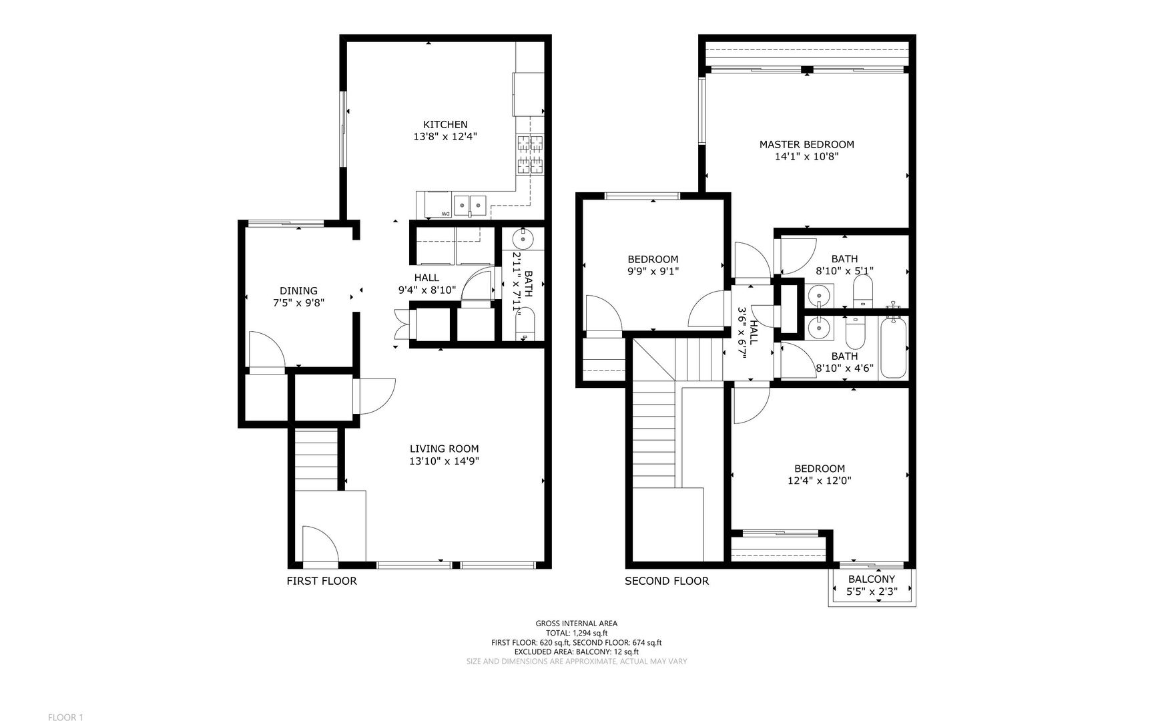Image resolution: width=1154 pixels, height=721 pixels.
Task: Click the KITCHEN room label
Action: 445,124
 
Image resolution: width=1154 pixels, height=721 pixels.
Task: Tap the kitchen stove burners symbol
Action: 529,154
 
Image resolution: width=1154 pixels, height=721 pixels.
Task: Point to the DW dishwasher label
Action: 445,214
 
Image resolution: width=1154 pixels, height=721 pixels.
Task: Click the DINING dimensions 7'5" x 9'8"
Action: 298,303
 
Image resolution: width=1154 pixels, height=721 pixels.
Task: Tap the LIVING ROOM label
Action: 444,449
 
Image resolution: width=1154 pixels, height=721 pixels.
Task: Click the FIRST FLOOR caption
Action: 322,581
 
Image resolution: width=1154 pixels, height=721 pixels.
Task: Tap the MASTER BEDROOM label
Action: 806,144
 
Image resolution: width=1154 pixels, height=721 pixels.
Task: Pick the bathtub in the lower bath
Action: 893,348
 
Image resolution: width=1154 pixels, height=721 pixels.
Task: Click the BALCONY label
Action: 871,579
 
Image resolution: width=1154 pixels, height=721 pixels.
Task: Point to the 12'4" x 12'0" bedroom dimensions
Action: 819,481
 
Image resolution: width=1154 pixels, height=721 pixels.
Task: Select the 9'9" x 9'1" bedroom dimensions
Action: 653,271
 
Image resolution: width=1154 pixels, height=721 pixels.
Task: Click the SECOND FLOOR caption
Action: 666,581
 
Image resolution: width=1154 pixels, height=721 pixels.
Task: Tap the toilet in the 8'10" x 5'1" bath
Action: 863,291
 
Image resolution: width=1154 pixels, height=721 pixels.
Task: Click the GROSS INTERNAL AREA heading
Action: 576,624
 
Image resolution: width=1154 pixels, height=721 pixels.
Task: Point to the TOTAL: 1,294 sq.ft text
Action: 576,633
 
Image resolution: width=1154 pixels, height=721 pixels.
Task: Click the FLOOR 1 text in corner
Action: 65,717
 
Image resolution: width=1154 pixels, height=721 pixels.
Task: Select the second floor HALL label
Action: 754,332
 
